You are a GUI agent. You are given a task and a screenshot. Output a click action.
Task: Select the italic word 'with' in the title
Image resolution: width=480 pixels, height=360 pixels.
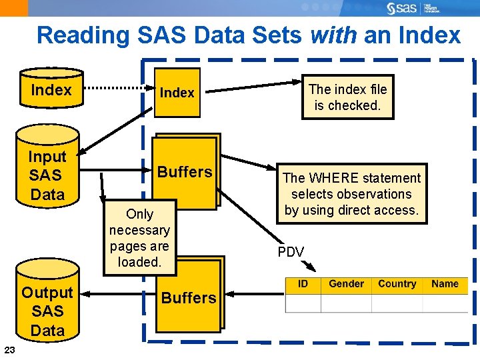pos(333,35)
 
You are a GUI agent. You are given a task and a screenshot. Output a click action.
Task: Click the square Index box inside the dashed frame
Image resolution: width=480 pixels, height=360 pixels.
pos(177,93)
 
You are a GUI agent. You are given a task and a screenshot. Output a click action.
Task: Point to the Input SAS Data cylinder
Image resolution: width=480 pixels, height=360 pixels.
pos(47,175)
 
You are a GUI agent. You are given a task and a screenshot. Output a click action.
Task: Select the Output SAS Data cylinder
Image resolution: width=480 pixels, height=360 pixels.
pos(47,311)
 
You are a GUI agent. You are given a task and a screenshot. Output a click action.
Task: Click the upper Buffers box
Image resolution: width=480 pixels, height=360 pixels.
pos(185,172)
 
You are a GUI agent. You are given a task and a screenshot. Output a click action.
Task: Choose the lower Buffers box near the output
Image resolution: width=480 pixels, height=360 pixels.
pos(189,297)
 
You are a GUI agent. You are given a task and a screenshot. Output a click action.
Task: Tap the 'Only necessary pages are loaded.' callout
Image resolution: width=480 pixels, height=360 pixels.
pos(139,238)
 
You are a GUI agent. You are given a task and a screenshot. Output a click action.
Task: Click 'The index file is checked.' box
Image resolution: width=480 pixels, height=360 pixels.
pos(347,97)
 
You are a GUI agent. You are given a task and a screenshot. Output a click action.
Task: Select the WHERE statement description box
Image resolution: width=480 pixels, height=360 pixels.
pos(351,194)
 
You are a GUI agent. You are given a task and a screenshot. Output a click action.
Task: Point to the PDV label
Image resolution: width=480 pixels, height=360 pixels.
pos(291,252)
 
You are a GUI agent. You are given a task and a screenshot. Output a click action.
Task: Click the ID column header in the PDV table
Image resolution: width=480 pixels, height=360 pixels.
pos(303,284)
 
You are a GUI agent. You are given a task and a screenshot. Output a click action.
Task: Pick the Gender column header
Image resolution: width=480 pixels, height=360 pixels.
pos(346,284)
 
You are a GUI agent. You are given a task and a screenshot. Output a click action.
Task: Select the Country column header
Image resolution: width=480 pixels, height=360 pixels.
pos(397,284)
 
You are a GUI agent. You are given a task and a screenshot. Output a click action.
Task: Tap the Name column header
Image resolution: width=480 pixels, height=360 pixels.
pos(445,284)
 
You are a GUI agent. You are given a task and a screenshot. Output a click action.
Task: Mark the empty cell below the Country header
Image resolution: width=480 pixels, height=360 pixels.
pos(397,303)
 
